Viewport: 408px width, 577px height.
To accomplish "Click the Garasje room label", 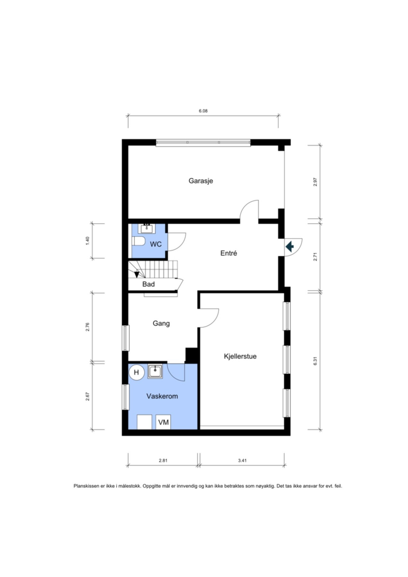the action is click(201, 181).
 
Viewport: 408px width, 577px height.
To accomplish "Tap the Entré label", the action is click(229, 253).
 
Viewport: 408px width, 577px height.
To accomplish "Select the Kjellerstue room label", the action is click(240, 356).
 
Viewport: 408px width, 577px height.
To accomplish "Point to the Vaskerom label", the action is click(162, 396).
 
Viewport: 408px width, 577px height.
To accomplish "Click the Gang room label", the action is click(161, 323).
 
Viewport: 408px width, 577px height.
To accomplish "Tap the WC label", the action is click(156, 244).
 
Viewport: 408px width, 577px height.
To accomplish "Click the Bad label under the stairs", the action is click(148, 284).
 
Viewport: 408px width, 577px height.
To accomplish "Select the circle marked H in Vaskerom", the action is click(137, 372).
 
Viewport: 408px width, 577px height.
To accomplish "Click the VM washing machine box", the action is click(163, 422).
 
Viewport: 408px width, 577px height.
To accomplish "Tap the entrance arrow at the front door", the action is click(290, 247).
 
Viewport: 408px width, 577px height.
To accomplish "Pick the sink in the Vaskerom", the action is click(155, 371).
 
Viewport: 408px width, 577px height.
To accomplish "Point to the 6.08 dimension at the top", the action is click(203, 111).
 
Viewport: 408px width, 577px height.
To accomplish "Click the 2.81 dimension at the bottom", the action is click(163, 461).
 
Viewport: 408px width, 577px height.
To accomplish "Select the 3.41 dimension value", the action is click(242, 461).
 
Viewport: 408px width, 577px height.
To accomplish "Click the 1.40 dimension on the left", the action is click(87, 241).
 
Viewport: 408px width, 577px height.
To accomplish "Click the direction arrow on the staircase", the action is click(137, 274).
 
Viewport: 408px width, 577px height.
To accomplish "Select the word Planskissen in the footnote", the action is click(86, 486).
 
